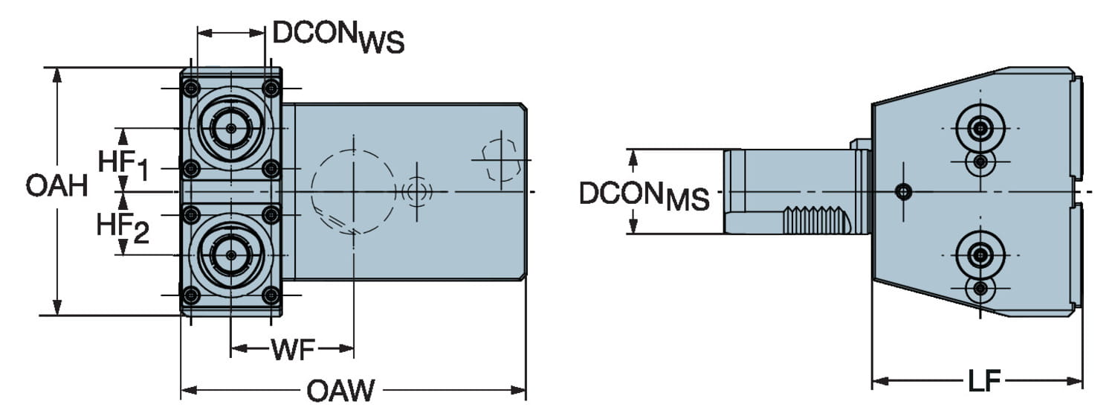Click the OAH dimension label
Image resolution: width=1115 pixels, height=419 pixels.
point(56,186)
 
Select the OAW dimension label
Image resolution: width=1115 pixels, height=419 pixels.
point(341,391)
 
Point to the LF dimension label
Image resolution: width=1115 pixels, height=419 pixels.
point(983,382)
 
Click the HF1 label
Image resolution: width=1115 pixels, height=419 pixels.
point(123,165)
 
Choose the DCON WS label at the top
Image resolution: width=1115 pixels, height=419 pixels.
point(338,37)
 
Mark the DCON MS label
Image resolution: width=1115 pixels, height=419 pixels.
point(644,195)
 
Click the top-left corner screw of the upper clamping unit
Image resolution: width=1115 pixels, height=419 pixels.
point(192,89)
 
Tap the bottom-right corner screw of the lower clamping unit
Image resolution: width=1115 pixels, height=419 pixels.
point(271,295)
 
